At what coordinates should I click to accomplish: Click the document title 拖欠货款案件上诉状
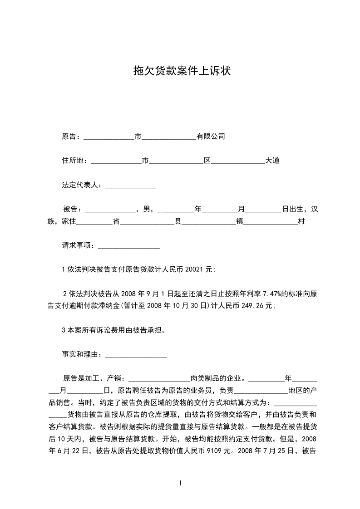pos(180,71)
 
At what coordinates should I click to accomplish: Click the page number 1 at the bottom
pos(180,484)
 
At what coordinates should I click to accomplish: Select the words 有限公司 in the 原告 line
pos(211,136)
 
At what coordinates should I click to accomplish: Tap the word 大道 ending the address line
pos(272,161)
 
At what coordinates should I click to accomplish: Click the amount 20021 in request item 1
pos(195,269)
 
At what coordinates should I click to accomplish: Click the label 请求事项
pos(76,245)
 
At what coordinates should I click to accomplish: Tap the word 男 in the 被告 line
pos(146,210)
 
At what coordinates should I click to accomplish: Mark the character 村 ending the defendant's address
pos(301,222)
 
